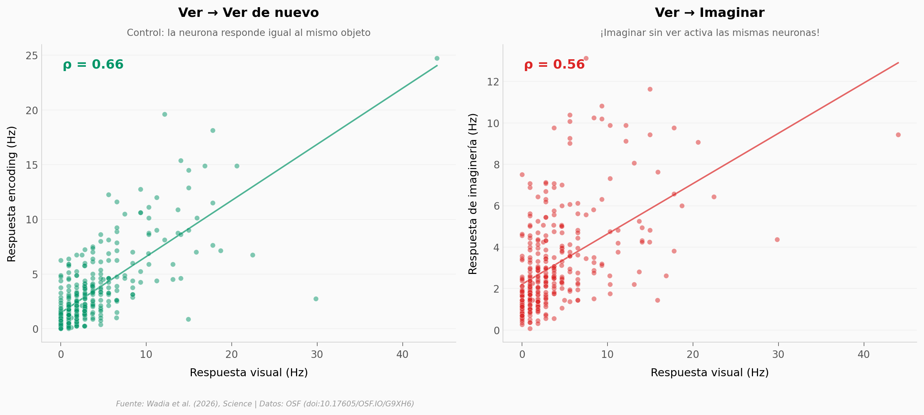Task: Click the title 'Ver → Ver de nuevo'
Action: tap(248, 13)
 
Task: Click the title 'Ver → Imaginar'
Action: tap(710, 13)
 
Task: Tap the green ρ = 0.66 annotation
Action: tap(93, 65)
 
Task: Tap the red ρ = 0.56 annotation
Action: tap(554, 65)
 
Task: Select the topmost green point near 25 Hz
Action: tap(437, 58)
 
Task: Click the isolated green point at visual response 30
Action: tap(316, 299)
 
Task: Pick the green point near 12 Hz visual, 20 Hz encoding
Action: tap(165, 114)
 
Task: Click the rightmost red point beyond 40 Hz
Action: tap(898, 135)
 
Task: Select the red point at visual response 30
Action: tap(777, 239)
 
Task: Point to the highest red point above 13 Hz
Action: tap(586, 58)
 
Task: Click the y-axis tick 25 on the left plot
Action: tap(32, 56)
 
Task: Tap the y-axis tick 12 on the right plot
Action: tap(493, 82)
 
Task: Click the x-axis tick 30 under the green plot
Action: tap(317, 355)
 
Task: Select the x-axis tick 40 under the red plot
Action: tap(864, 355)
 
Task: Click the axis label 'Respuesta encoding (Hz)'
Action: tap(11, 194)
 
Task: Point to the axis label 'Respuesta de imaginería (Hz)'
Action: tap(473, 194)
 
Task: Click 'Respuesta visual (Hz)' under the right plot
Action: tap(710, 373)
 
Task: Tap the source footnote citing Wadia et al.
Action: tap(265, 404)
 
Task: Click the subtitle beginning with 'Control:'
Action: tap(248, 33)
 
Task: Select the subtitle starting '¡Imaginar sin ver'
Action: tap(710, 33)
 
